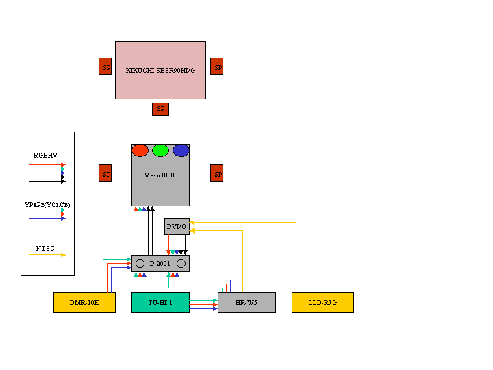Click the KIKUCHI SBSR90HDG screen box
tap(160, 70)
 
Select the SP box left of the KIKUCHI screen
tap(105, 66)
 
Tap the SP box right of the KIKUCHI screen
tap(216, 66)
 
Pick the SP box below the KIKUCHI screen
tap(160, 109)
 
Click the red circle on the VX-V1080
tap(140, 150)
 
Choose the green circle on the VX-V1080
tap(160, 150)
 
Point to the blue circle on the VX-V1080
tap(181, 150)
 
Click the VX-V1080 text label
tap(160, 175)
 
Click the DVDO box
tap(177, 226)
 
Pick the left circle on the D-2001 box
tap(140, 263)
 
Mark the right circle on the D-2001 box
tap(181, 263)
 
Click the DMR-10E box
tap(84, 302)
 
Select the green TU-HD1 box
tap(160, 302)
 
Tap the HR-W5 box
tap(246, 302)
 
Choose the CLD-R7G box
tap(323, 302)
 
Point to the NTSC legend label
tap(46, 248)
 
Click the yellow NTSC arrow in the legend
tap(47, 255)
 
